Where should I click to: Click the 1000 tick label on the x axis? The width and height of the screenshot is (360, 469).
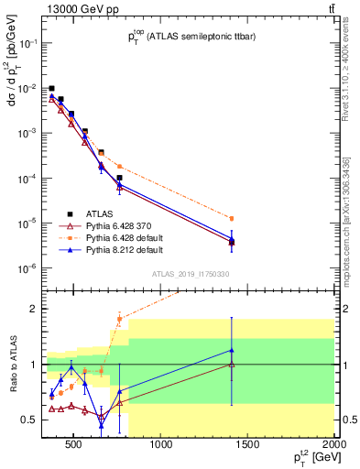[x=161, y=446]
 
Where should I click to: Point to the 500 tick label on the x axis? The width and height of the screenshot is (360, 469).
[x=74, y=446]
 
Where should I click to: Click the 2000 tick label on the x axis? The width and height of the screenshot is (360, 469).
[x=334, y=446]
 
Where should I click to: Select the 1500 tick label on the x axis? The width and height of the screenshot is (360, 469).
[x=248, y=446]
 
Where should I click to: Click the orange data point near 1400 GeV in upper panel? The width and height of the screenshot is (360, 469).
[x=232, y=218]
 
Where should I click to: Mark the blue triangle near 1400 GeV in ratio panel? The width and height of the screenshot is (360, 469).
[x=232, y=350]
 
